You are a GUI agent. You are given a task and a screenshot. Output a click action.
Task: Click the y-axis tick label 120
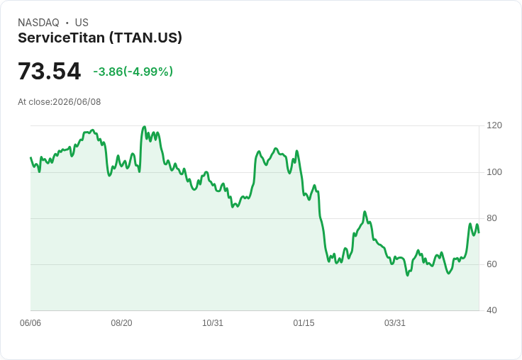click(494, 125)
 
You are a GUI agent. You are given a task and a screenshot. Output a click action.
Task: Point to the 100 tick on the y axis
click(494, 172)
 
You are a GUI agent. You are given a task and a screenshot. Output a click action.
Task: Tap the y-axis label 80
click(492, 218)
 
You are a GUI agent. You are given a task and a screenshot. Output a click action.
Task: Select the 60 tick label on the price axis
click(492, 264)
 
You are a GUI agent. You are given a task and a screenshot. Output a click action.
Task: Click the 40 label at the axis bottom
click(492, 310)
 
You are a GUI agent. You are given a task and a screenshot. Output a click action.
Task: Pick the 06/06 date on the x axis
click(30, 323)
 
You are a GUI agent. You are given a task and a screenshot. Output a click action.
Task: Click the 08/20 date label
click(121, 323)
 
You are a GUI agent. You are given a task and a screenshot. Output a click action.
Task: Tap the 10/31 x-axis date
click(213, 323)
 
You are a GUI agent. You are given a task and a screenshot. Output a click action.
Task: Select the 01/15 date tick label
click(304, 323)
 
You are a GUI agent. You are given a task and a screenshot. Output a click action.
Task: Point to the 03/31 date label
click(395, 323)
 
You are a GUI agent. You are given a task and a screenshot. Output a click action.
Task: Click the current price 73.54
click(49, 71)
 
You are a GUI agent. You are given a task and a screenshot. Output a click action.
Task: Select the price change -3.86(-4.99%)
click(133, 72)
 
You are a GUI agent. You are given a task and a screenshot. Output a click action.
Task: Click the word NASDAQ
click(38, 23)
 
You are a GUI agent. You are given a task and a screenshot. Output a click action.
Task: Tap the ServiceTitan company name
click(61, 38)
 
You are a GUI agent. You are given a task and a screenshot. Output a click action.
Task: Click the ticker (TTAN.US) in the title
click(146, 38)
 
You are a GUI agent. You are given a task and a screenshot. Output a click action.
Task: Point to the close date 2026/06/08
click(77, 102)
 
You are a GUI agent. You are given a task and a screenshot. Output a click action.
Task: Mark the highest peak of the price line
click(144, 126)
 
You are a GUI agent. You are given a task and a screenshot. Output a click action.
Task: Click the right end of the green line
click(479, 232)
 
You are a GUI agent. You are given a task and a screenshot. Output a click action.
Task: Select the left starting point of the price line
click(30, 157)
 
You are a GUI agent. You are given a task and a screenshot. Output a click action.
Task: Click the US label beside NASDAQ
click(82, 23)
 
